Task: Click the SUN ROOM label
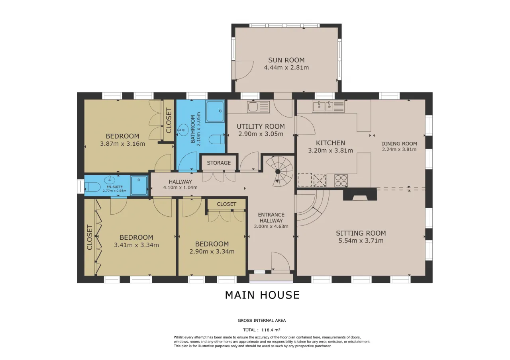[x=286, y=60]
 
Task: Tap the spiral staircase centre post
[x=278, y=171]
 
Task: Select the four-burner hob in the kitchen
[x=341, y=180]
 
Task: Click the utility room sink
[x=259, y=106]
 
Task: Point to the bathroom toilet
[x=216, y=139]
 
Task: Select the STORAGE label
[x=219, y=163]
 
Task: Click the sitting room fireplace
[x=360, y=194]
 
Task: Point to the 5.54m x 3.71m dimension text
[x=361, y=241]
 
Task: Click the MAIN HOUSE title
[x=262, y=295]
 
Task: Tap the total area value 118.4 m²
[x=271, y=330]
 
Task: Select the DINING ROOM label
[x=399, y=144]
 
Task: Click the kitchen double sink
[x=328, y=106]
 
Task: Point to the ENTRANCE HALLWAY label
[x=271, y=217]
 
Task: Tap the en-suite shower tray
[x=139, y=185]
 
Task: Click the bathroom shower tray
[x=215, y=112]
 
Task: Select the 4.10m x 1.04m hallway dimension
[x=180, y=188]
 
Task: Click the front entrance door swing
[x=280, y=261]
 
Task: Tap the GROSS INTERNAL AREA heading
[x=262, y=321]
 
